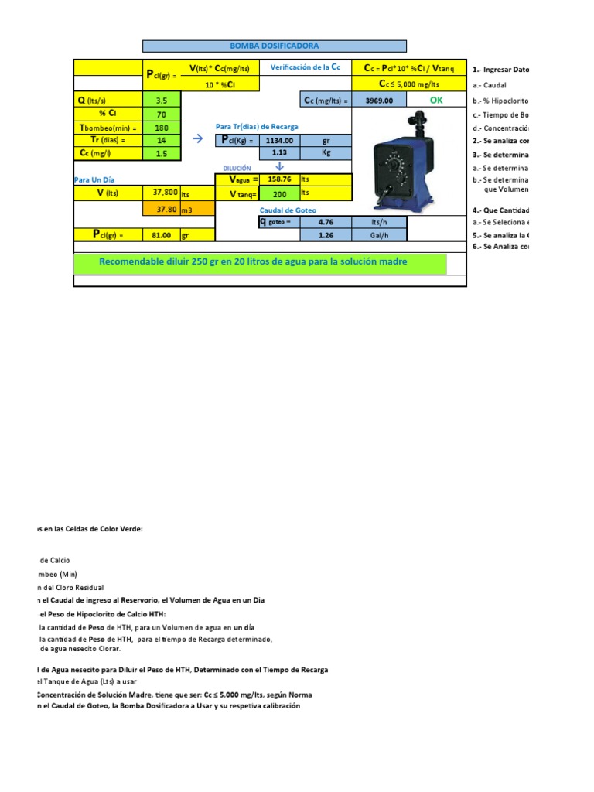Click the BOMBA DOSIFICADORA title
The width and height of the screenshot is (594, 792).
pyautogui.click(x=275, y=46)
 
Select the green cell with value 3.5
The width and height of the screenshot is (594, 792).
pyautogui.click(x=162, y=100)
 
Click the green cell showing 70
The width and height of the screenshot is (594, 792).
pyautogui.click(x=162, y=114)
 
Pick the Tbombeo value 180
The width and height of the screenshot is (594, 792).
pyautogui.click(x=162, y=128)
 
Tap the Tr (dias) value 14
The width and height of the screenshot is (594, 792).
pyautogui.click(x=162, y=140)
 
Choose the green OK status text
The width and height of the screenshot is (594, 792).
pyautogui.click(x=437, y=100)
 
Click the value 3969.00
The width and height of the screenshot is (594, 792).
pyautogui.click(x=379, y=101)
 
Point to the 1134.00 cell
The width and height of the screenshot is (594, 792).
pyautogui.click(x=278, y=141)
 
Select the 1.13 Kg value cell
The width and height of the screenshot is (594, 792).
pyautogui.click(x=278, y=153)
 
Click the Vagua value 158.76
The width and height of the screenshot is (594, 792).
pyautogui.click(x=278, y=179)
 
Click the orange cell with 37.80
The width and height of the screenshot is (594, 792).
pyautogui.click(x=167, y=209)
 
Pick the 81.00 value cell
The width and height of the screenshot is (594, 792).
pyautogui.click(x=162, y=235)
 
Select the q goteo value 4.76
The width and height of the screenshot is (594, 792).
pyautogui.click(x=326, y=222)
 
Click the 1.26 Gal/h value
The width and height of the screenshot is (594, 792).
pyautogui.click(x=326, y=235)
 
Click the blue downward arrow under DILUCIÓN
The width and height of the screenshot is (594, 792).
pyautogui.click(x=280, y=166)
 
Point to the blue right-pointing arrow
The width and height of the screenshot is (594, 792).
pyautogui.click(x=197, y=139)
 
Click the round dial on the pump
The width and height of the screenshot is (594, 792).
pyautogui.click(x=395, y=165)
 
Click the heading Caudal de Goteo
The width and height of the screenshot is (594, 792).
pyautogui.click(x=288, y=210)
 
